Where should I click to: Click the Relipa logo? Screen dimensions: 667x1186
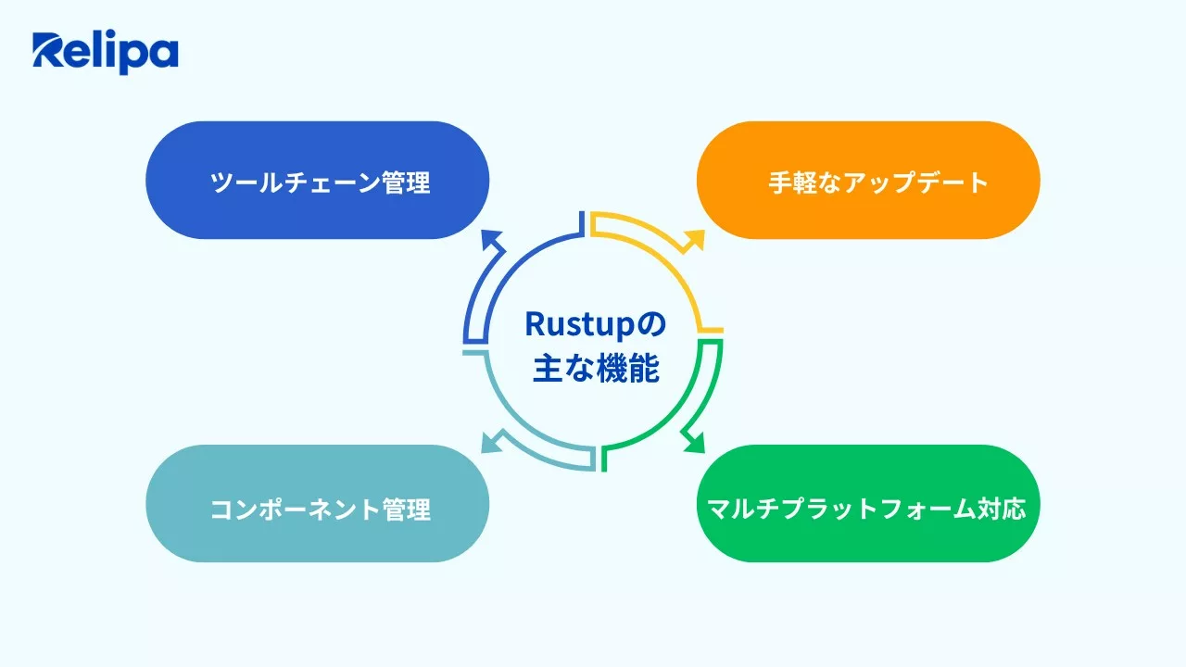coord(105,53)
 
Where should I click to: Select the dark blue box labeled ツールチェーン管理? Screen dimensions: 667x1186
coord(317,181)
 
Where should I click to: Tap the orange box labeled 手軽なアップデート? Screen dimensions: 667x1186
coord(868,181)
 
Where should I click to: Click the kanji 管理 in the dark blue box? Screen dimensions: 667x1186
coord(406,182)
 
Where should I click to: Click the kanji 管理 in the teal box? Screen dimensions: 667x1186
coord(406,509)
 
